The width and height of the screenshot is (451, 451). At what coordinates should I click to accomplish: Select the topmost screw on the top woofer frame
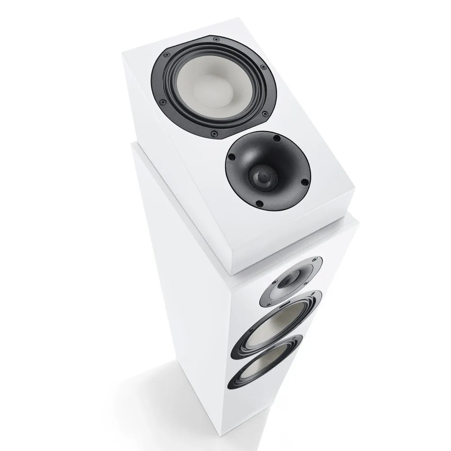click(216, 39)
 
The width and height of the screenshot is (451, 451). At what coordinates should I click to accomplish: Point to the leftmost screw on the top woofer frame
click(166, 55)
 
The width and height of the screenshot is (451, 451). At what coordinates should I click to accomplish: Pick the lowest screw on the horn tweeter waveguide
click(259, 203)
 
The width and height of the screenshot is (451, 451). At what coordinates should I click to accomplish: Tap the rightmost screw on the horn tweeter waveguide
click(304, 182)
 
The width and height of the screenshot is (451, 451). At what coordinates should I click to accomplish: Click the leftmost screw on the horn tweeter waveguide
click(232, 157)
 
